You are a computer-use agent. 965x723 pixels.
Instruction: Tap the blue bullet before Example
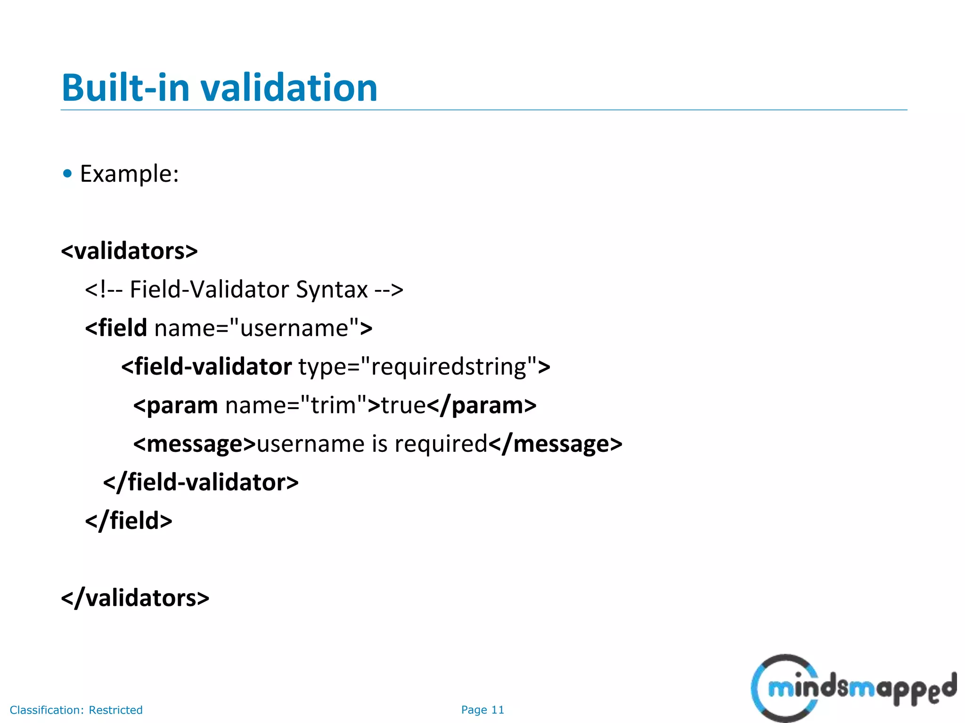point(67,174)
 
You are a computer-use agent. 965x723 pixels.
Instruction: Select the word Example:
point(130,174)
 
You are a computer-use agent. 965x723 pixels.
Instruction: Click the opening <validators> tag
point(129,251)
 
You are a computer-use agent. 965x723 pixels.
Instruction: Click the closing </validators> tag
point(135,598)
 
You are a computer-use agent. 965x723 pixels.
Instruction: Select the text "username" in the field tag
point(294,328)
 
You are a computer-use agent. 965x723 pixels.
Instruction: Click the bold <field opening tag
point(116,328)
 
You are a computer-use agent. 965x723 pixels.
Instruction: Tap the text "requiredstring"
point(448,367)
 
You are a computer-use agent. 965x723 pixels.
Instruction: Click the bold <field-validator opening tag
point(206,367)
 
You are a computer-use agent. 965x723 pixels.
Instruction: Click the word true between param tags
point(403,405)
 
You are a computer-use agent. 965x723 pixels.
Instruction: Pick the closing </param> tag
point(482,405)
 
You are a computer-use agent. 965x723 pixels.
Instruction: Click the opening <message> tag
point(194,444)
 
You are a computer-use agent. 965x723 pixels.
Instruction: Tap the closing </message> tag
point(555,444)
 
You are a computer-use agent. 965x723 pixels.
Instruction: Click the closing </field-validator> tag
point(201,482)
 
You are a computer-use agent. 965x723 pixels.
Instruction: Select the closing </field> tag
point(129,521)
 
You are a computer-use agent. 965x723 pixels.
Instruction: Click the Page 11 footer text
point(482,710)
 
